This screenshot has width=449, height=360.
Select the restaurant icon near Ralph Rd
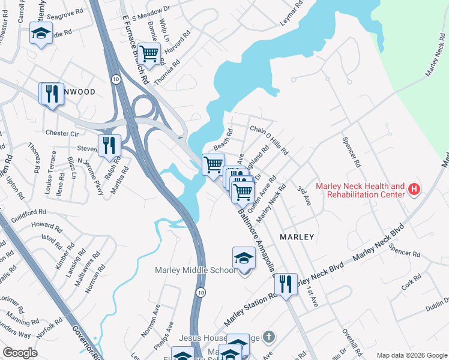tap(109, 146)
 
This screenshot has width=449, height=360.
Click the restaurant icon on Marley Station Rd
tap(286, 284)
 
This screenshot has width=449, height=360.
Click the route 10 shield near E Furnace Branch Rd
tap(116, 79)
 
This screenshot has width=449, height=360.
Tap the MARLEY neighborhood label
tap(297, 237)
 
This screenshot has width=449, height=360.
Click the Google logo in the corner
tap(20, 352)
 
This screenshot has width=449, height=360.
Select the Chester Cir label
tap(62, 133)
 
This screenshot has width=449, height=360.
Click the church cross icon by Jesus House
tap(270, 337)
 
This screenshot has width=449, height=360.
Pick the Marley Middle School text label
tap(196, 271)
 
